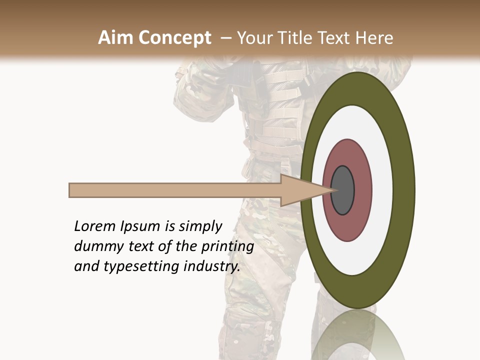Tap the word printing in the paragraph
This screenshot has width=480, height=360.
[x=227, y=247]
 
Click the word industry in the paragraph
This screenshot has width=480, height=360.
[x=212, y=266]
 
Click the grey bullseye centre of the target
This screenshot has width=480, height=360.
[x=343, y=190]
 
